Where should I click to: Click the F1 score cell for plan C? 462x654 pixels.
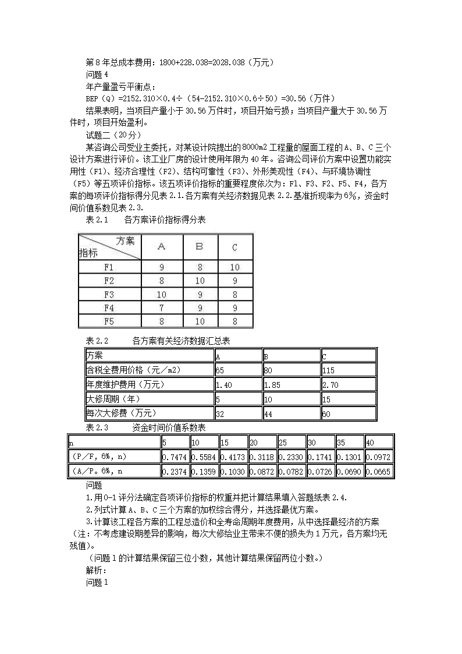tap(234, 267)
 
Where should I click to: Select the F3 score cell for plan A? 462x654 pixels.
tap(161, 295)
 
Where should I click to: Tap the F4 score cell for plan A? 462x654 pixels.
tap(161, 307)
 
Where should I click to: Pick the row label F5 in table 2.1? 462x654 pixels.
tap(109, 321)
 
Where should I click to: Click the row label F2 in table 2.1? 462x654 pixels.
tap(109, 281)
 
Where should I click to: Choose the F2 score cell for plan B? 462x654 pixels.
tap(199, 281)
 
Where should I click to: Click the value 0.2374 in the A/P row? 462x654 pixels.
tap(174, 471)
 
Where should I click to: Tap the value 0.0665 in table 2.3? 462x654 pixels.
tap(378, 471)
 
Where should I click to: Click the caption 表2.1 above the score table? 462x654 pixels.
tap(97, 220)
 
